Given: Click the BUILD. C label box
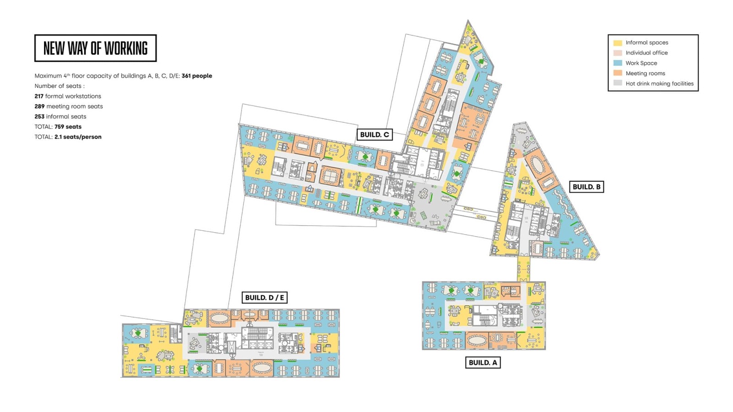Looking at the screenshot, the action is coord(374,135).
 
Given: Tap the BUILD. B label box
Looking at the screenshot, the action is coord(586,187).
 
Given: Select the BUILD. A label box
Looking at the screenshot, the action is coord(483,362).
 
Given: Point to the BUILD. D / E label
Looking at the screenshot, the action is coord(264,298).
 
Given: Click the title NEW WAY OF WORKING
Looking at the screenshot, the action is coord(96,48).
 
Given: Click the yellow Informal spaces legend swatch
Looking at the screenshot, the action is coord(618,43).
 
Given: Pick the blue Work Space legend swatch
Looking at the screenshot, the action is coord(618,63).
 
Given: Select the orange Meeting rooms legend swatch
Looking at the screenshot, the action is coord(618,73).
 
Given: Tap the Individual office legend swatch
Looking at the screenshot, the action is coord(618,53).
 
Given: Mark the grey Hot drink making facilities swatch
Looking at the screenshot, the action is coord(618,83).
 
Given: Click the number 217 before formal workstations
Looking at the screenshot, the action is coord(39,96).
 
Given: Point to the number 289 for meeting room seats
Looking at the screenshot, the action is coord(39,106).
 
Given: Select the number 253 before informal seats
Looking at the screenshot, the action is coord(39,116).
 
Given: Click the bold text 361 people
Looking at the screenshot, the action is coord(197,76).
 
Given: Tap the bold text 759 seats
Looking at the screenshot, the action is coord(68,126).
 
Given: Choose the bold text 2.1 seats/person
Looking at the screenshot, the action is coord(78,137).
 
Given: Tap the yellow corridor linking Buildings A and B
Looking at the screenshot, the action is coord(524,269).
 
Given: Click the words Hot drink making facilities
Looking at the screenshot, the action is coord(659,84).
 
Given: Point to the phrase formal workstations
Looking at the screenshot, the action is coord(73,96).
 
